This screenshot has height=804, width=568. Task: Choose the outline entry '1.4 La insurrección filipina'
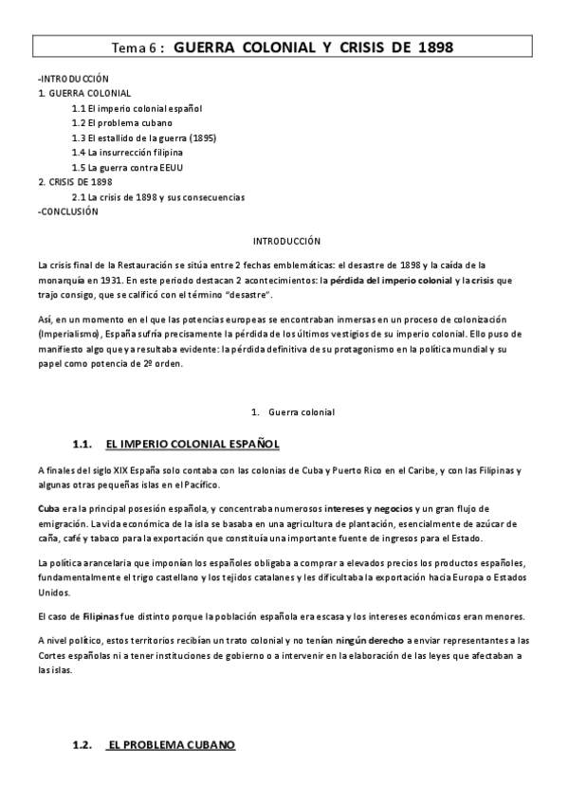[127, 153]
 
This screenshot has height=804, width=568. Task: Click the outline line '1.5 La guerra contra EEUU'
[127, 168]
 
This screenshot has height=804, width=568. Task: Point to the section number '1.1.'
[82, 444]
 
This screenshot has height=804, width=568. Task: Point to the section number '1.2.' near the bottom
[82, 745]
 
